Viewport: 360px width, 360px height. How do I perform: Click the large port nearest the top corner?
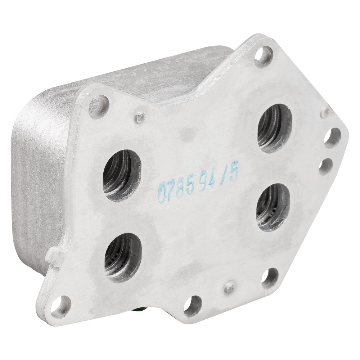(x=275, y=128)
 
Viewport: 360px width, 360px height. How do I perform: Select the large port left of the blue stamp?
(x=122, y=175)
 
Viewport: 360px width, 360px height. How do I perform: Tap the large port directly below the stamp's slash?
(x=273, y=207)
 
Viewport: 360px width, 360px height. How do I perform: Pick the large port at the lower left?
(x=123, y=258)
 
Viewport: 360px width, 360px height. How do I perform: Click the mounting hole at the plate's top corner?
(x=264, y=55)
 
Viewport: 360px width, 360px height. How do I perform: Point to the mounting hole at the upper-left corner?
(x=99, y=107)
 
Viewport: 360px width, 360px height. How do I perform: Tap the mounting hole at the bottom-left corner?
(x=60, y=307)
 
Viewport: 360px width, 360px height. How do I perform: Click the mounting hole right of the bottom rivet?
(x=270, y=279)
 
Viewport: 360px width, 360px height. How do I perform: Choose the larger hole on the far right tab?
(x=333, y=138)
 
